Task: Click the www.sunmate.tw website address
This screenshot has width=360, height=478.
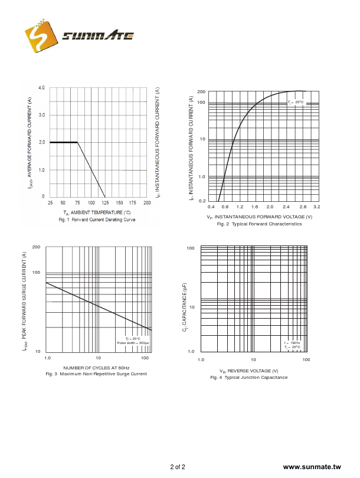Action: (x=312, y=467)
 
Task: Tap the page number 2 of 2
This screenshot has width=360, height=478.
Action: (x=178, y=467)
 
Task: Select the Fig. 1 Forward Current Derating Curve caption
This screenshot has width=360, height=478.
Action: (x=97, y=220)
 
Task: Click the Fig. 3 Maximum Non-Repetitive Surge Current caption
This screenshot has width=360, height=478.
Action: (x=96, y=374)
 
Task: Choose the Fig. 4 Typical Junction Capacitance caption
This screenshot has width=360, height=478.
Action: (x=249, y=377)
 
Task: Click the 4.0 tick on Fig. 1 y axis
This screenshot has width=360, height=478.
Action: (x=41, y=88)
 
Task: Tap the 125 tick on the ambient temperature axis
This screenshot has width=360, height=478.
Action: (x=105, y=203)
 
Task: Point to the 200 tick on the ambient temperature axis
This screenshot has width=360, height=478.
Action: (x=146, y=203)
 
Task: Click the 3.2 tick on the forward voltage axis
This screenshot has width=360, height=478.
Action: (x=316, y=207)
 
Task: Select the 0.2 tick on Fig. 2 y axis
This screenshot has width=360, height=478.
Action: (x=202, y=201)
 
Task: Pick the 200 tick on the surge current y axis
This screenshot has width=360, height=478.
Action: (x=36, y=247)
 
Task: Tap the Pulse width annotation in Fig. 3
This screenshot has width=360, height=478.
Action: (x=133, y=343)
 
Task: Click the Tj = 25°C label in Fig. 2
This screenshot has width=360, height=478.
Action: (x=296, y=103)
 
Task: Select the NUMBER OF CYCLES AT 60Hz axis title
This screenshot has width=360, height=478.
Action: (x=96, y=368)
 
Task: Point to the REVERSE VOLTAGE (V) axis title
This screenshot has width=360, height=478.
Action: (x=249, y=371)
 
